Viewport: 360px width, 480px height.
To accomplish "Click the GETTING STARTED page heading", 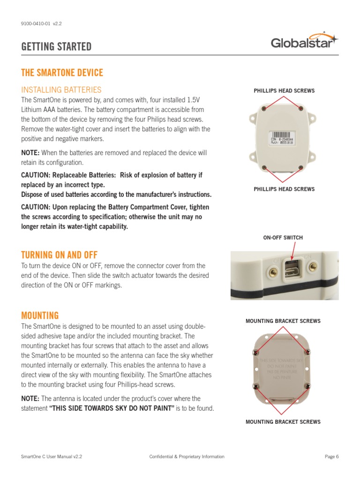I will [x=56, y=47].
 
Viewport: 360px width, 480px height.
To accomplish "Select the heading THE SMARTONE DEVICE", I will [x=62, y=73].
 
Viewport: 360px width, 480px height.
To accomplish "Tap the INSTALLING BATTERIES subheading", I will [x=61, y=90].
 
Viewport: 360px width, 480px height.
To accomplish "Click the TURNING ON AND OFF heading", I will [x=59, y=255].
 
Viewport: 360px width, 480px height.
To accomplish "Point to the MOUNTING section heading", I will [x=40, y=315].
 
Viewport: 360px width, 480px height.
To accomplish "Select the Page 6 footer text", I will [x=331, y=457].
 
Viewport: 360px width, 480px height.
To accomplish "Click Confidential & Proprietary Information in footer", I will [x=187, y=457].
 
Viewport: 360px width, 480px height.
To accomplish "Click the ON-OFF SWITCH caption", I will [x=283, y=238].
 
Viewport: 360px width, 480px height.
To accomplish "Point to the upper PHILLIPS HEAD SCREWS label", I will [x=284, y=90].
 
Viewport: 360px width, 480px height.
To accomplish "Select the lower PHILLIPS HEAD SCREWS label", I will [x=284, y=189].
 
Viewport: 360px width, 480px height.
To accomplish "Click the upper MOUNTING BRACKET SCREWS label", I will [x=283, y=321].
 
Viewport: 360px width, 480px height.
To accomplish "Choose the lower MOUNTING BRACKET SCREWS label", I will [x=283, y=422].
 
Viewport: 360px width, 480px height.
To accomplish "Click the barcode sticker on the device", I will [x=283, y=141].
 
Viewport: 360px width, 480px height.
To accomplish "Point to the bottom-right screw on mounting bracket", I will [x=307, y=386].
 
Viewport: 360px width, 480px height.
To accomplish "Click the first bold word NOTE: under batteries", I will [x=30, y=153].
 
